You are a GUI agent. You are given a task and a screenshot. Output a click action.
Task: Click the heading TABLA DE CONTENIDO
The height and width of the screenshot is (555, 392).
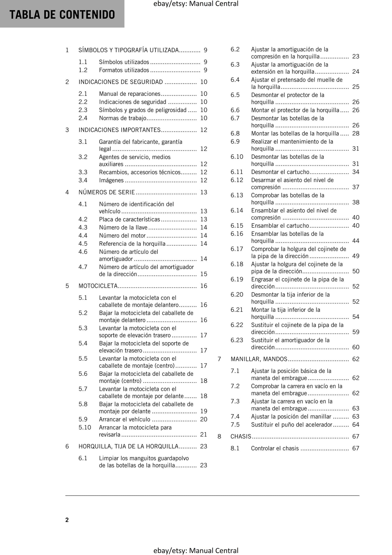click(62, 14)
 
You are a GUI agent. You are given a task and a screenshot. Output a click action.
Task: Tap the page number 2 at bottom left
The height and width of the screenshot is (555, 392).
click(67, 520)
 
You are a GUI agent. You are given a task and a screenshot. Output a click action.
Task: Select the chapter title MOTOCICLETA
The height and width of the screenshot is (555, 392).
click(98, 286)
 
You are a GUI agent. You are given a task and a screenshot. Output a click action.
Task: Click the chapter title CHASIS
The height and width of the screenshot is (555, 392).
click(241, 436)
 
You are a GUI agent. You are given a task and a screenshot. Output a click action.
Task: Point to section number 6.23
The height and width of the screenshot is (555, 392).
click(237, 340)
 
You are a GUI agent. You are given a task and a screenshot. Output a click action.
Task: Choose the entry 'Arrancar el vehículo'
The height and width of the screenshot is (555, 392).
click(125, 419)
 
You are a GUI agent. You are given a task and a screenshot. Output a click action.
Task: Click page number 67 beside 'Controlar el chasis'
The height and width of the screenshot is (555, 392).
click(356, 448)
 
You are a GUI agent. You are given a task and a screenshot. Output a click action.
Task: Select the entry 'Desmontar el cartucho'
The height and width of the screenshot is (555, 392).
click(280, 172)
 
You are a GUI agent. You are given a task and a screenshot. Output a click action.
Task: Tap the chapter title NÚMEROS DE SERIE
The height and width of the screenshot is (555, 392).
click(107, 192)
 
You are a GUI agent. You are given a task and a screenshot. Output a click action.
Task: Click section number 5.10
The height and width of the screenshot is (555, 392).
click(85, 427)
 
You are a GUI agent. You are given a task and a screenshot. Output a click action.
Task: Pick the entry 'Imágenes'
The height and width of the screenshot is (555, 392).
click(111, 180)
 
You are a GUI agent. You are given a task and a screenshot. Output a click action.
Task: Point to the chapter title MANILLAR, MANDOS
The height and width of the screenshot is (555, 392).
click(259, 359)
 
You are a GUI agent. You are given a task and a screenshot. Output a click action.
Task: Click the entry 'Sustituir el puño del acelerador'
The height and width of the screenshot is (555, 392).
click(292, 424)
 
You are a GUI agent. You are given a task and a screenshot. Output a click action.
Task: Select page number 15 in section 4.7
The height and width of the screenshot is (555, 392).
click(204, 274)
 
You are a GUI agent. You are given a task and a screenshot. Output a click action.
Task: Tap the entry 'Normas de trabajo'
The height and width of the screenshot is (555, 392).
click(123, 118)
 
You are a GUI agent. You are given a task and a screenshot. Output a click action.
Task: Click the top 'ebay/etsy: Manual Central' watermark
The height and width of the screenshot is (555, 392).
click(196, 4)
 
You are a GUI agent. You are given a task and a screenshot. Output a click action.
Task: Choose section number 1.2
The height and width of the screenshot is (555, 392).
click(83, 70)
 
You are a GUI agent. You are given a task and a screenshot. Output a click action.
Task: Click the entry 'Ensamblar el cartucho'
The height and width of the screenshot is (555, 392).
click(280, 226)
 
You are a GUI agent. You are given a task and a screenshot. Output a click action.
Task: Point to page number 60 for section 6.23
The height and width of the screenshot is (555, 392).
click(356, 347)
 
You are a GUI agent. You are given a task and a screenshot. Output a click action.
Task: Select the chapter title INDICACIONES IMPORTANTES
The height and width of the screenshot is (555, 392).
click(120, 130)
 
